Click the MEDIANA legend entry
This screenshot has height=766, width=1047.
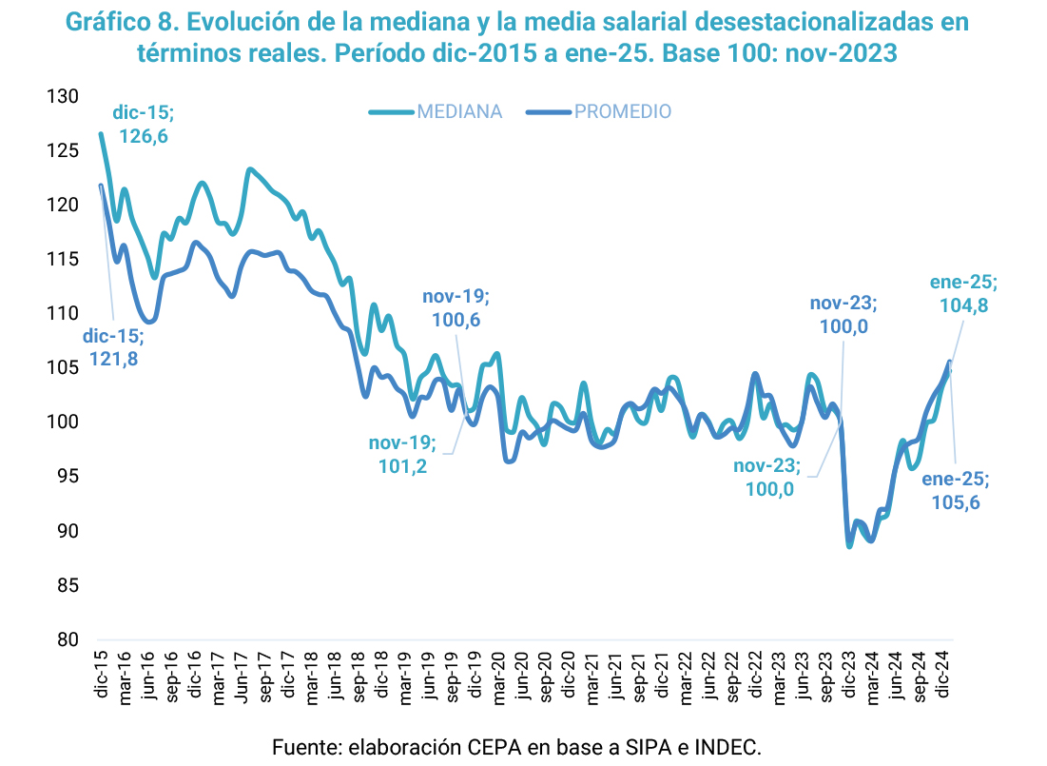click(458, 112)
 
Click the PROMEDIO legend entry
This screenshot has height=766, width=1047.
click(622, 112)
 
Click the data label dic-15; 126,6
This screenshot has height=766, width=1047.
click(143, 125)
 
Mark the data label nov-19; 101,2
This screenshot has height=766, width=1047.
click(401, 454)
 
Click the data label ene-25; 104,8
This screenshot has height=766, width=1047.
click(962, 294)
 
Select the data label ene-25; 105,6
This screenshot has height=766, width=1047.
click(954, 490)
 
